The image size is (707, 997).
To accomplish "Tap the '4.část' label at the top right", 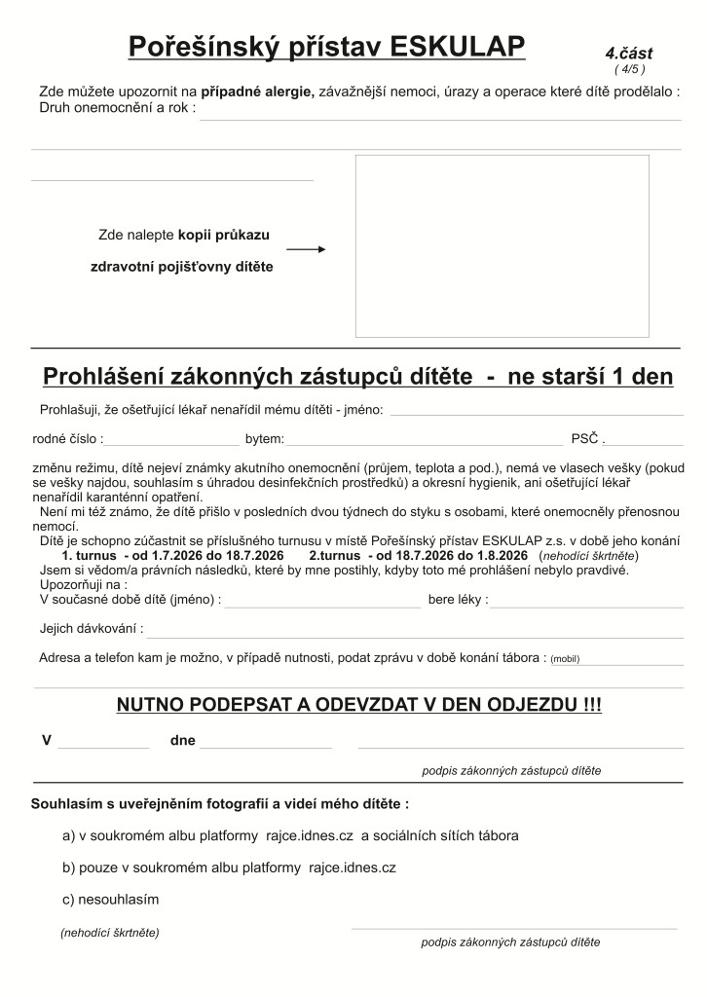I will [x=628, y=54].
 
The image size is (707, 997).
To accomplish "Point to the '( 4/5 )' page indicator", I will [x=629, y=69].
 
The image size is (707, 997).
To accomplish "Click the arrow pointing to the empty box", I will [x=306, y=249].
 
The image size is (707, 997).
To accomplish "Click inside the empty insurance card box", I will [x=502, y=246].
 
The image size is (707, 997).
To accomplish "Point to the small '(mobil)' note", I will [x=565, y=659].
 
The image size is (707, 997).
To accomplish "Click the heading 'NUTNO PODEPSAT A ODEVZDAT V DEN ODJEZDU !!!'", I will [x=358, y=705].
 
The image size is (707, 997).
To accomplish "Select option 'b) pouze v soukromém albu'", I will [x=229, y=868].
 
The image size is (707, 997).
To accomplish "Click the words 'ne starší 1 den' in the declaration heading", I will [x=590, y=377].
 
